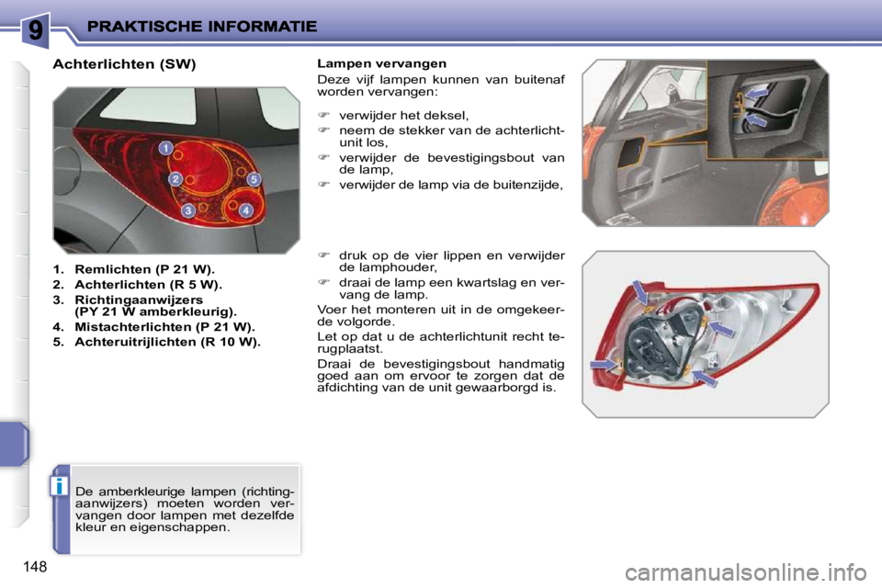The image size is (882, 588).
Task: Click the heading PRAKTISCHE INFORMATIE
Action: [x=201, y=28]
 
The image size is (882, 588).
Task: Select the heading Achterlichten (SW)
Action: [x=125, y=65]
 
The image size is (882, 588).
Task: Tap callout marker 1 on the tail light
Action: [x=164, y=148]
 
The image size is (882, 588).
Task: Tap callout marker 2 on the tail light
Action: [x=174, y=179]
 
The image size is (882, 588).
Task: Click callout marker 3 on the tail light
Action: [x=187, y=211]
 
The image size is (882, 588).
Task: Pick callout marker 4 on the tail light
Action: [x=246, y=211]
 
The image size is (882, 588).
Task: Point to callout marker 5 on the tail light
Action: [x=253, y=179]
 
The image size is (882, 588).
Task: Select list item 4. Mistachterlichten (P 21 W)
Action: [x=153, y=326]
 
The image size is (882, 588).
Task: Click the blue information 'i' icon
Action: [x=60, y=485]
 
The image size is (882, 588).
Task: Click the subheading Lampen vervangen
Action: [x=381, y=63]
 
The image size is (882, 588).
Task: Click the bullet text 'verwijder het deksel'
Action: [x=403, y=115]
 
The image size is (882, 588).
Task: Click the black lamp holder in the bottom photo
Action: [x=657, y=342]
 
